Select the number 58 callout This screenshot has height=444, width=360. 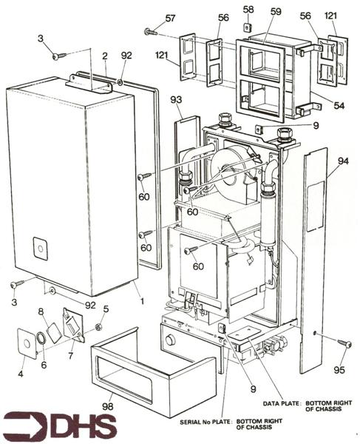coord(248,9)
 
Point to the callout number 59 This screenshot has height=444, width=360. coord(276,13)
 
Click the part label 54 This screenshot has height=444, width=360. coord(339,106)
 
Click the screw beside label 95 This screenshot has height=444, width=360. coord(343,342)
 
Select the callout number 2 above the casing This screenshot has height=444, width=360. coord(105,55)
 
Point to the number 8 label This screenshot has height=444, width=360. coord(41,312)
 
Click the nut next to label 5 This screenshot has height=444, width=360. coord(98,326)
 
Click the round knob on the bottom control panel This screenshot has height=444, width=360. coord(171,340)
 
